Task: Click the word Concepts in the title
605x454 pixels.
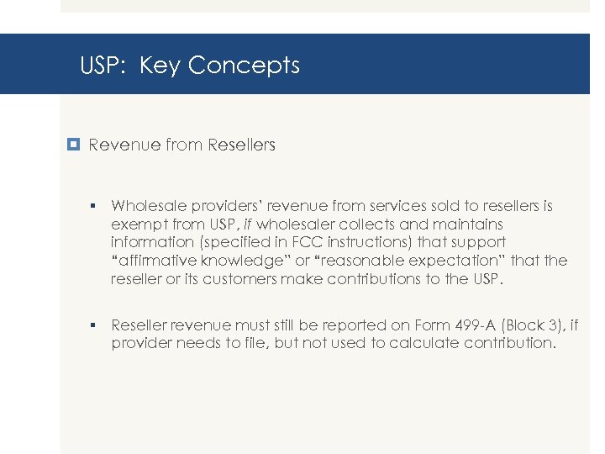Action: [x=244, y=66]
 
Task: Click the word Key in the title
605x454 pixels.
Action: [x=160, y=66]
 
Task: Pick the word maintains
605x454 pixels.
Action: [x=467, y=224]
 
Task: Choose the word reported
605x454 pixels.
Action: [x=335, y=325]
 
